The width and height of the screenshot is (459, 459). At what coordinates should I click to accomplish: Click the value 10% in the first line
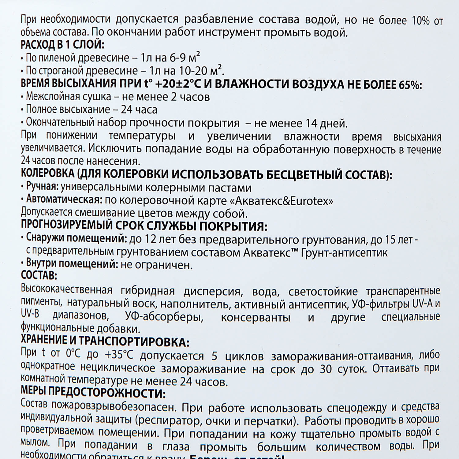pos(420,20)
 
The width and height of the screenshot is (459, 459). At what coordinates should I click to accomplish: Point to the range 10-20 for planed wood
pos(193,71)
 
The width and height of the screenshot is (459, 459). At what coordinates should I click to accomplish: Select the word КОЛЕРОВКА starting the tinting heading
pos(48,174)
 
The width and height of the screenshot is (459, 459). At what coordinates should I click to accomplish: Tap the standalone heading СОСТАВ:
pos(39,275)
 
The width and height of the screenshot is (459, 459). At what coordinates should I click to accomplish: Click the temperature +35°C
pos(119,354)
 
